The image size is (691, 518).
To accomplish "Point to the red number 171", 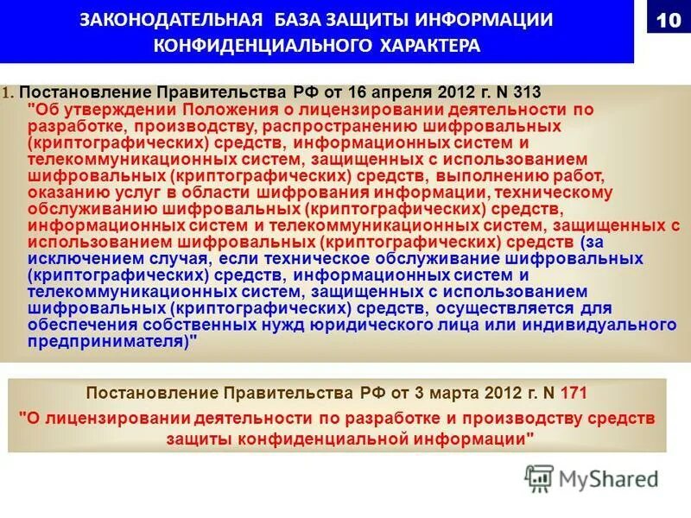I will click(574, 394).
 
